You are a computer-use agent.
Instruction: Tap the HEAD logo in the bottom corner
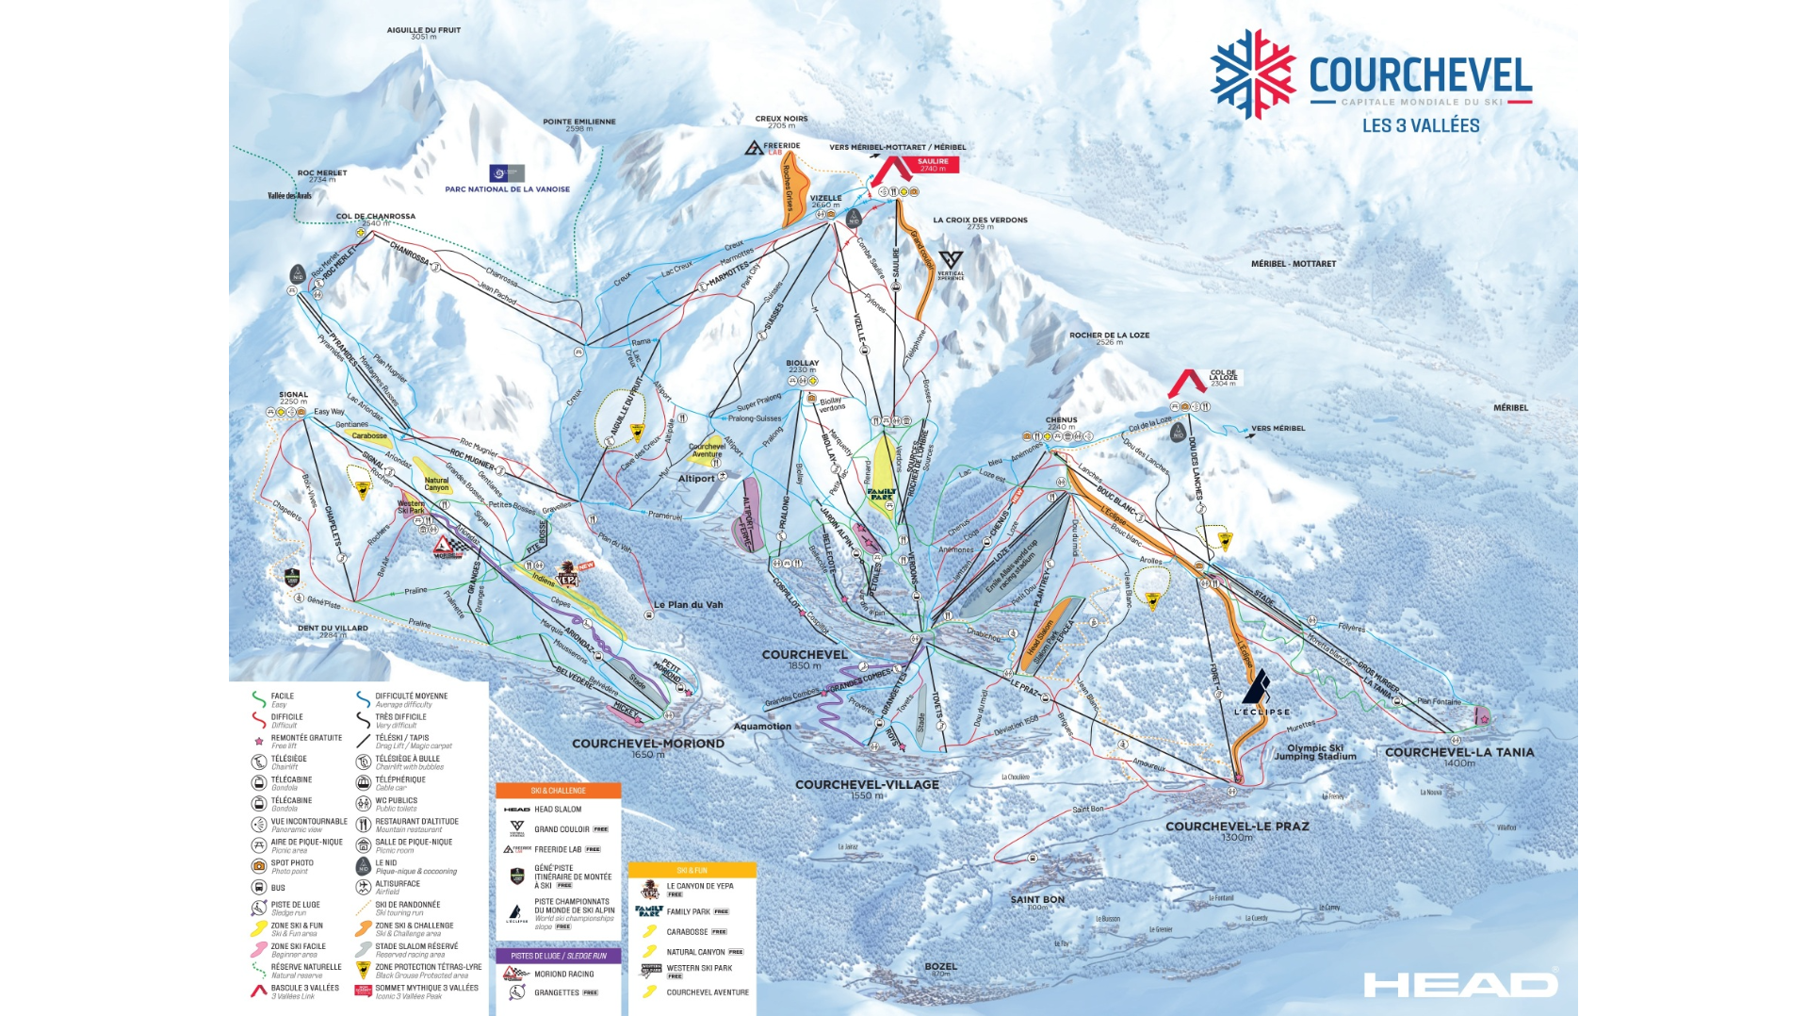click(x=1459, y=985)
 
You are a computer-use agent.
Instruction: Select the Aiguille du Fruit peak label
click(x=423, y=32)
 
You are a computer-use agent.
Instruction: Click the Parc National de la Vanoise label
click(x=507, y=188)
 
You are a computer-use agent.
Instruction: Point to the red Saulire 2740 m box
click(x=933, y=164)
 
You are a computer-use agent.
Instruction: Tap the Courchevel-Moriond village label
click(x=647, y=744)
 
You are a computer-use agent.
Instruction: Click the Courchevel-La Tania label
click(x=1458, y=752)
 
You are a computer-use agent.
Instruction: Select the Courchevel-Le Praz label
click(x=1236, y=827)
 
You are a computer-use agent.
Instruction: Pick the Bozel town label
click(x=940, y=966)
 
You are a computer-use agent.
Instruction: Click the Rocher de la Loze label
click(x=1109, y=336)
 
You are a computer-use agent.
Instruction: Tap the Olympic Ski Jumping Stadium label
click(x=1321, y=751)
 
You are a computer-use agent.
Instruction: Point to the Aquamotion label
click(x=762, y=727)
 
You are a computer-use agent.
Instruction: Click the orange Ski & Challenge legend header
click(x=558, y=791)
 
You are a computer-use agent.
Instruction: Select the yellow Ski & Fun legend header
click(x=692, y=870)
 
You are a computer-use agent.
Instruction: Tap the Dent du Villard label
click(x=333, y=629)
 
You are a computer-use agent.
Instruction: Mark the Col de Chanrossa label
click(x=375, y=217)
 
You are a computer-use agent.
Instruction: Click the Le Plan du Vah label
click(x=689, y=605)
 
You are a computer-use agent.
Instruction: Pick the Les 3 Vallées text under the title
click(x=1420, y=125)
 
